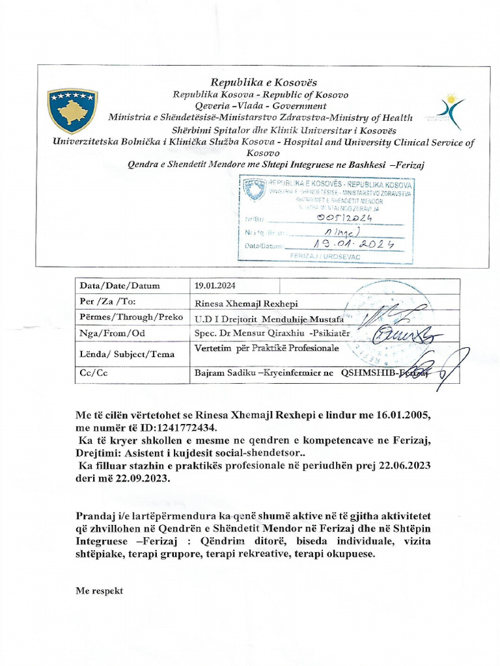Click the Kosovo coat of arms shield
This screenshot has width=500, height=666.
[72, 111]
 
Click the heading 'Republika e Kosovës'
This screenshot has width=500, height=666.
[263, 82]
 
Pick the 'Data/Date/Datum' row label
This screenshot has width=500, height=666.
[119, 286]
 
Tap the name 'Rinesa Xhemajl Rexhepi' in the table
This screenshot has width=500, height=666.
[247, 303]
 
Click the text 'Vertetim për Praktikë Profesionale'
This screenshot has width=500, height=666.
[267, 349]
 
